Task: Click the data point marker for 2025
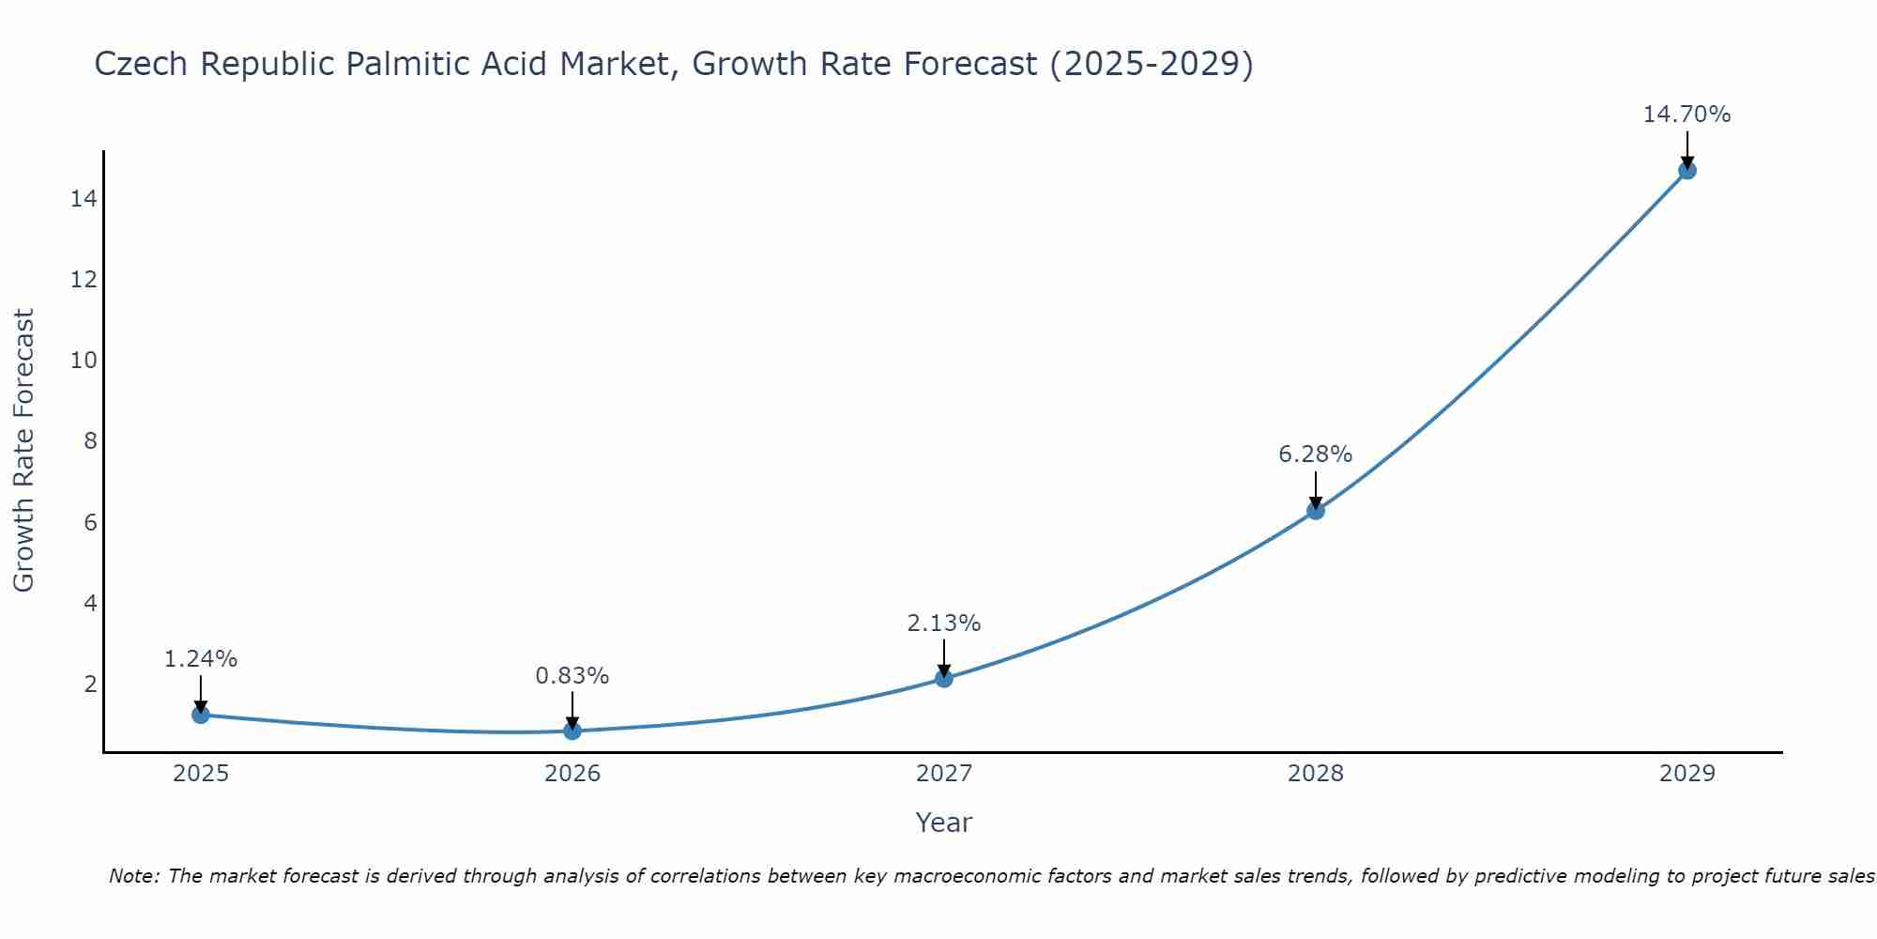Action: (200, 715)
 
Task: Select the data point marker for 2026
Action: (572, 731)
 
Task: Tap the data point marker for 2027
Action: (944, 678)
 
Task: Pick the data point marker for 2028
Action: (1316, 511)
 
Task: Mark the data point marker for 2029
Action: (1687, 170)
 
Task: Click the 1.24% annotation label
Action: (201, 659)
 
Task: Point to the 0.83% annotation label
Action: (572, 676)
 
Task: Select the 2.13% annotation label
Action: (944, 623)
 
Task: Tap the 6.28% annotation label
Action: (1316, 454)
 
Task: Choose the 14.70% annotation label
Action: (1686, 115)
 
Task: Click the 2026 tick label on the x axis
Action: (572, 774)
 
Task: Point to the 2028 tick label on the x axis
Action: (1316, 774)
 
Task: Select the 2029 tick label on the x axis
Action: (1687, 774)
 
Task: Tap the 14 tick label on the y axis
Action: (84, 199)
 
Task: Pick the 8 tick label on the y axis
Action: (90, 441)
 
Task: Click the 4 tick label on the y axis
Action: (90, 603)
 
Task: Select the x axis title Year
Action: (944, 823)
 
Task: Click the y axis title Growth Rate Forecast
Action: (23, 451)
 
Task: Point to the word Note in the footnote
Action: (134, 876)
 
